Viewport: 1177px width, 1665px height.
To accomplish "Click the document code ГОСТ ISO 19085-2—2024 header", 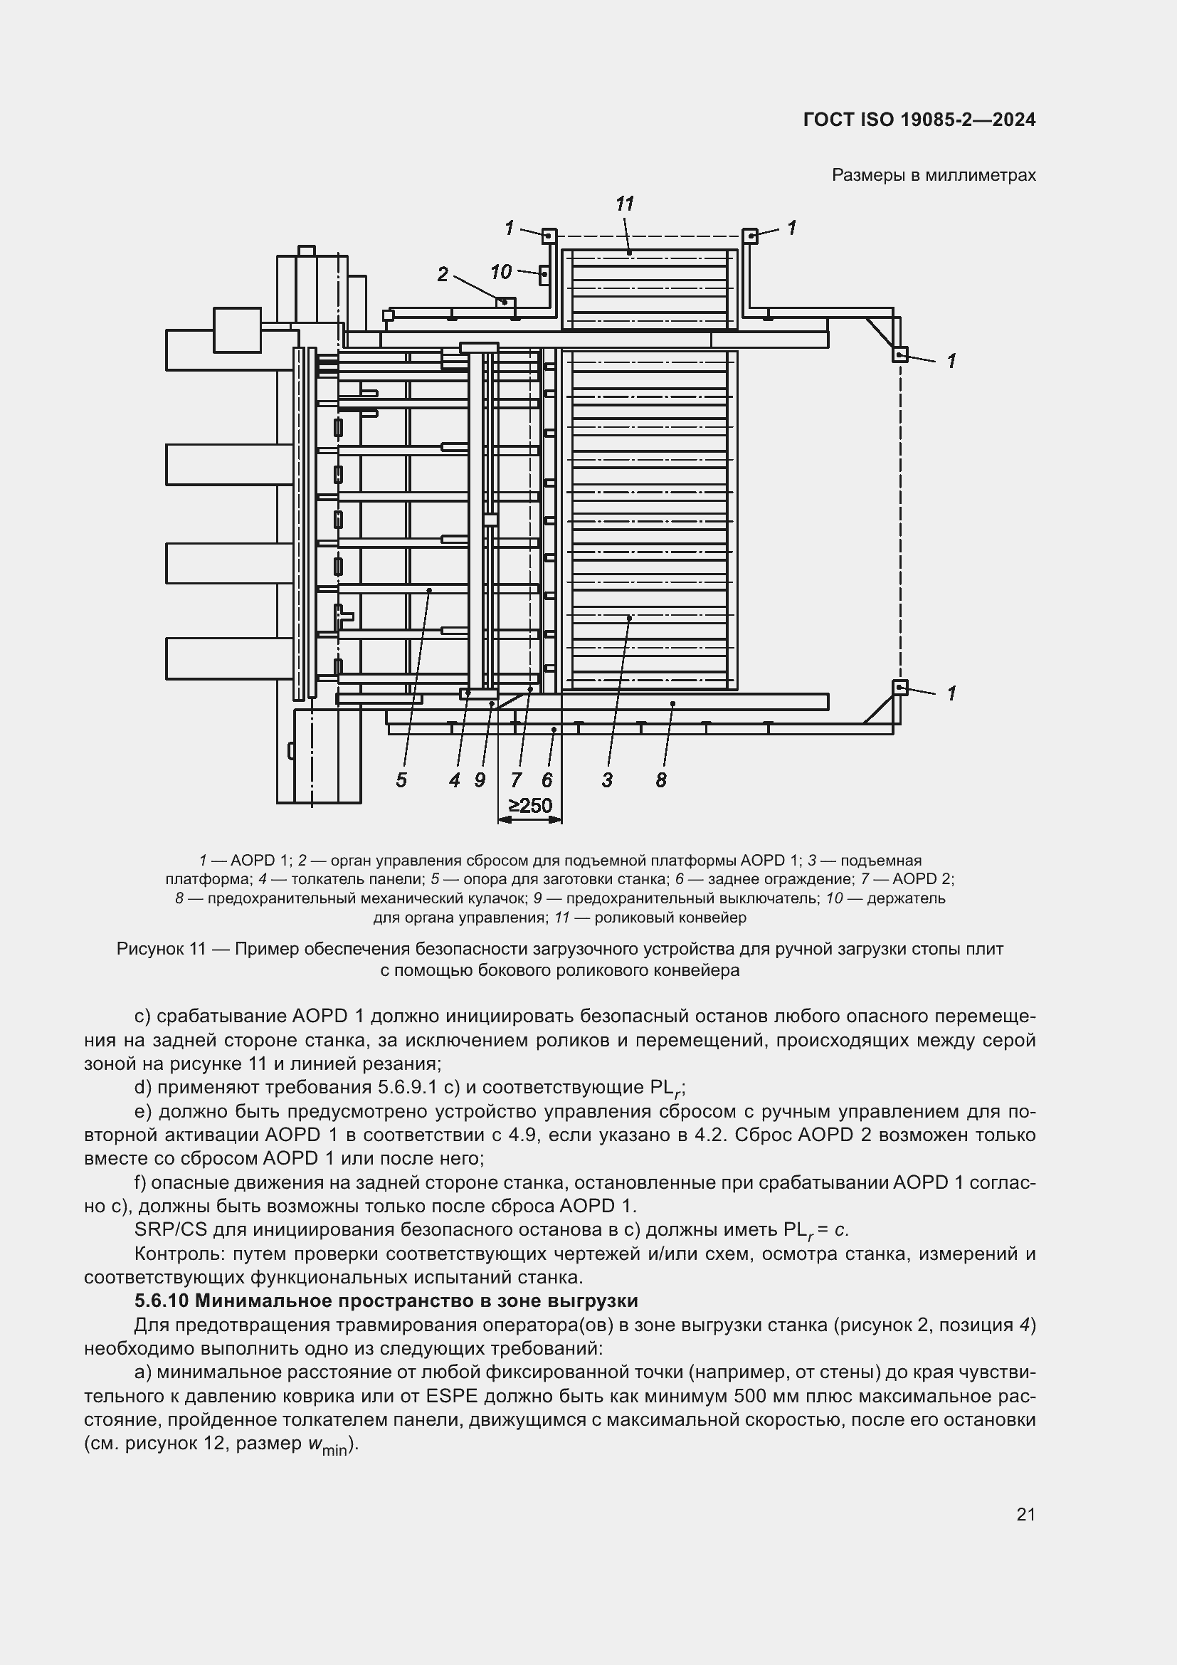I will coord(919,120).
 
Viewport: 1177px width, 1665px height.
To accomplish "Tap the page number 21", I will coord(1025,1515).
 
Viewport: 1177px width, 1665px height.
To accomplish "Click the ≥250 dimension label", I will coord(530,806).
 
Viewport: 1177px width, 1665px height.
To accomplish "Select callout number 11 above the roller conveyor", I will coord(625,204).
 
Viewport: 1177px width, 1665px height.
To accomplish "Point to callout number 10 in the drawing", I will coord(501,272).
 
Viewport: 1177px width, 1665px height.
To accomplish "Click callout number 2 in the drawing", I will coord(443,274).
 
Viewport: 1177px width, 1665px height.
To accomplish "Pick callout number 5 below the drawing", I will coord(401,780).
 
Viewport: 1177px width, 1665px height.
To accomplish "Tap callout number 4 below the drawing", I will coord(455,780).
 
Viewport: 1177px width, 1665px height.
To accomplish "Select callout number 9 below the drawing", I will coord(480,780).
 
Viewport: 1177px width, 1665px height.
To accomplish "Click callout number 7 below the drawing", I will coord(516,780).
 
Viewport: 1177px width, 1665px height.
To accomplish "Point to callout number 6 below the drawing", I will coord(547,780).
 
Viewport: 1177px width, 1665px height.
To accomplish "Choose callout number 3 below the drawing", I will coord(607,780).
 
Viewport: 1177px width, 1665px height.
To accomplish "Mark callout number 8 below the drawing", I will coord(661,780).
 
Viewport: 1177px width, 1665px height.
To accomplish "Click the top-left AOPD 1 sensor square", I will coord(549,236).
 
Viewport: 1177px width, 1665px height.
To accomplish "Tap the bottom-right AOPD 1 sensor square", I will coord(899,688).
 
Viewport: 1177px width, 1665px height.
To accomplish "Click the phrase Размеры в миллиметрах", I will coord(934,175).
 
